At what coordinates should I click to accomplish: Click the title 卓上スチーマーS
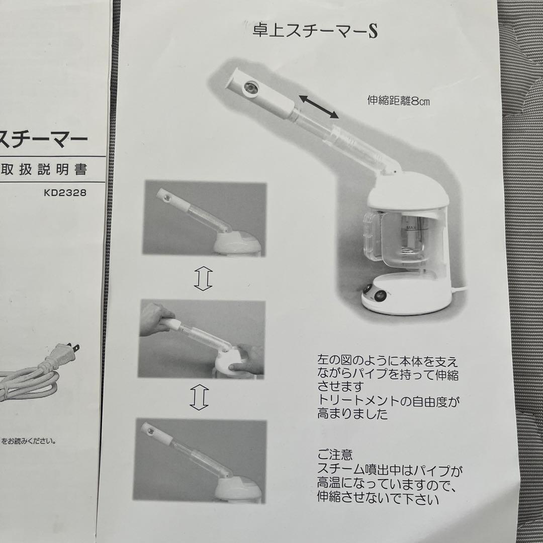pos(316,31)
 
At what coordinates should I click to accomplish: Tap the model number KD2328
pos(65,193)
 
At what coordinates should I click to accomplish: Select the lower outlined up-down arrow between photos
pos(200,398)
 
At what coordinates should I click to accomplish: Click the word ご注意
pos(335,456)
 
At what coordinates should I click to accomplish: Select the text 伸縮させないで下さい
pos(378,499)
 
